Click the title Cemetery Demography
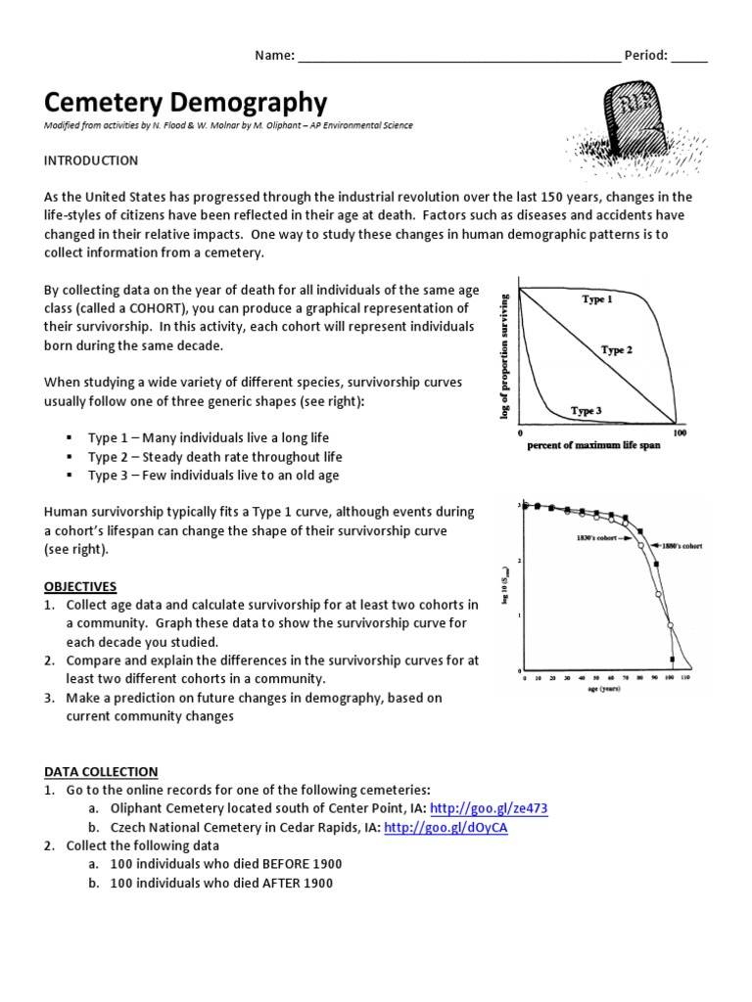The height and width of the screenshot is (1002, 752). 186,102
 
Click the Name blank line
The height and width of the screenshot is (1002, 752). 457,56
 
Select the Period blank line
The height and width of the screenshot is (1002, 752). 688,56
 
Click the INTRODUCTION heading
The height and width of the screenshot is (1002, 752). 91,160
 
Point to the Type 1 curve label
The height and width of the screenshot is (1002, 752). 597,299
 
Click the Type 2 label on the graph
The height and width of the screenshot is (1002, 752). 617,350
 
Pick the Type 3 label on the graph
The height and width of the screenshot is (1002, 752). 586,411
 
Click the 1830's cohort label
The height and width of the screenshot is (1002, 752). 587,537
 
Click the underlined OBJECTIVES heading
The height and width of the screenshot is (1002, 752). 80,586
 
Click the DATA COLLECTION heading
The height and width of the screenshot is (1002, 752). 101,772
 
